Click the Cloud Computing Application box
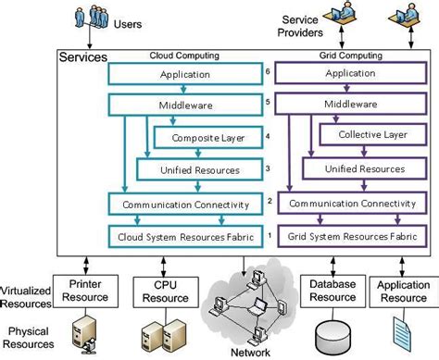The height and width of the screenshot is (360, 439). click(x=185, y=74)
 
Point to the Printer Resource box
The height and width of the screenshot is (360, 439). click(x=82, y=292)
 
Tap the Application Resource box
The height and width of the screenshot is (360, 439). click(x=402, y=292)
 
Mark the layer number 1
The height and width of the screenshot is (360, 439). click(x=268, y=236)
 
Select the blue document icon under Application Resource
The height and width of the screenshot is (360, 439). click(x=402, y=333)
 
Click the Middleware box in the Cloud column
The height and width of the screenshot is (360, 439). click(x=185, y=106)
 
